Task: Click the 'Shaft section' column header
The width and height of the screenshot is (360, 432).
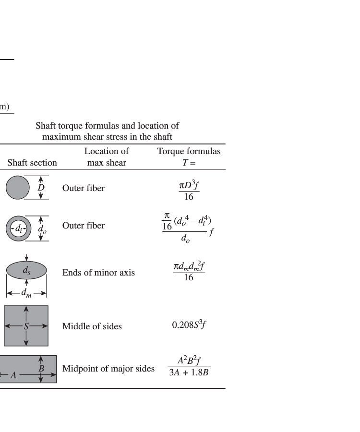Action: [x=32, y=163]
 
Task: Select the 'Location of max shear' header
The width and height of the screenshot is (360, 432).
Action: [x=107, y=157]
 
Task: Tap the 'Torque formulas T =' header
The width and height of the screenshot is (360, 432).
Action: [x=189, y=157]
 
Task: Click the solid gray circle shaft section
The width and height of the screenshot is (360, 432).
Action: [x=18, y=188]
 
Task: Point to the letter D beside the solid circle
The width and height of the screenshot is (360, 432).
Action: [x=41, y=188]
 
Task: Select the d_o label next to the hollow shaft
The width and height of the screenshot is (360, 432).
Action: [x=42, y=229]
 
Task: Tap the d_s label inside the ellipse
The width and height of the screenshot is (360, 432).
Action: [x=26, y=271]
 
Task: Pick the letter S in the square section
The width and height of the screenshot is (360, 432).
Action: [x=26, y=326]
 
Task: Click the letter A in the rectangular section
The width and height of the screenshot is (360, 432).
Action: [x=13, y=375]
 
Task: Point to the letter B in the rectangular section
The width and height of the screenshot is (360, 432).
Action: [x=41, y=369]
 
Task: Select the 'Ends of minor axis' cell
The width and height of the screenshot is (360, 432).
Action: [x=98, y=273]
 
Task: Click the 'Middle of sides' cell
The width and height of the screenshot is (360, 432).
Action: [x=92, y=326]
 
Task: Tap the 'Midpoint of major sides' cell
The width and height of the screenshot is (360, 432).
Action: [x=108, y=369]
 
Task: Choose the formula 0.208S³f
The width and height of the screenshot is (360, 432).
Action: [x=189, y=325]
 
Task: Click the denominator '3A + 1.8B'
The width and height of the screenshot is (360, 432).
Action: [x=189, y=373]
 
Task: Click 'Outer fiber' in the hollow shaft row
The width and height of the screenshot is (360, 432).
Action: [x=83, y=226]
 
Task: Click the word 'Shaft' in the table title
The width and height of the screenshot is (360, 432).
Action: [x=46, y=126]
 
